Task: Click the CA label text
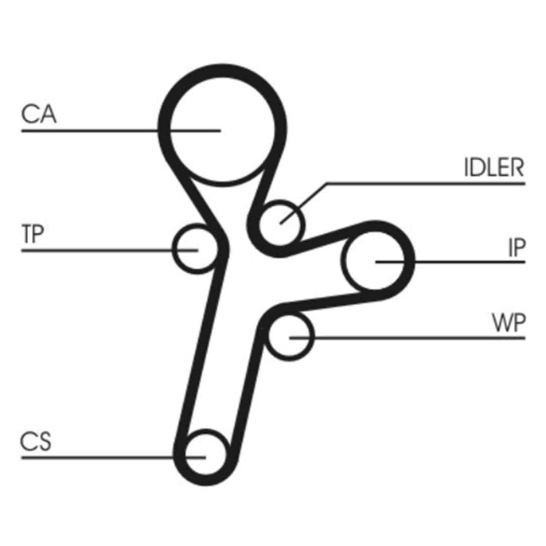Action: (x=39, y=114)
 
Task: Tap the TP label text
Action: (x=33, y=234)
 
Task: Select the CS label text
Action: (x=36, y=441)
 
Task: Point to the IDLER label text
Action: (x=494, y=168)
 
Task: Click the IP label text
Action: (x=516, y=247)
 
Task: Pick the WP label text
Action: (x=509, y=323)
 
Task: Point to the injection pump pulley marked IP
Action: (x=342, y=261)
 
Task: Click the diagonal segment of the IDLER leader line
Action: (x=303, y=204)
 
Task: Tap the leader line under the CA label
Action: (x=121, y=131)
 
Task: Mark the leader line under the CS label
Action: (x=114, y=458)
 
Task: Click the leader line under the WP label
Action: (x=407, y=338)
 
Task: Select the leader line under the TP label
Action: (x=110, y=250)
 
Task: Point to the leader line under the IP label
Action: (x=450, y=261)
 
